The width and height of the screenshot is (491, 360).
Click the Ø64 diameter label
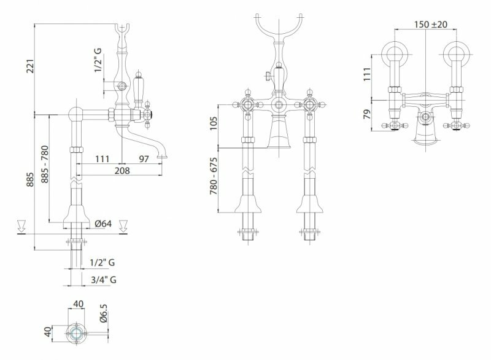[103, 224]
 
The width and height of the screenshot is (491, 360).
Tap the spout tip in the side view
[163, 154]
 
